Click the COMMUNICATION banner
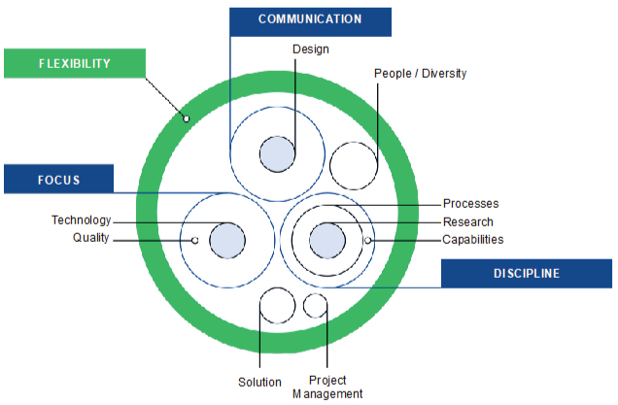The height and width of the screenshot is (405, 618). click(310, 20)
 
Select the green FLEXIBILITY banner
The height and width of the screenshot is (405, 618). click(74, 64)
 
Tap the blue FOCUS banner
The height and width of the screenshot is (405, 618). click(58, 179)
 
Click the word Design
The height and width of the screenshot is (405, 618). click(310, 48)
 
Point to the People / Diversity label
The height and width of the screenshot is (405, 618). click(421, 73)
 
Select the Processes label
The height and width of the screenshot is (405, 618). click(470, 204)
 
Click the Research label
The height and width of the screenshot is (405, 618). click(468, 221)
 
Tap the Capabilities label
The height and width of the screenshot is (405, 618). click(473, 239)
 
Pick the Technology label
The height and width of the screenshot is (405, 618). click(82, 220)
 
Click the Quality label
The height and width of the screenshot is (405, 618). click(91, 239)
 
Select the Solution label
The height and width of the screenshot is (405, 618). click(259, 382)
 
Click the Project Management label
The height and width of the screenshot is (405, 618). click(327, 387)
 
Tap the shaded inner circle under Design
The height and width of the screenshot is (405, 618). click(277, 153)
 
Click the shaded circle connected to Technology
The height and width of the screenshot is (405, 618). click(227, 239)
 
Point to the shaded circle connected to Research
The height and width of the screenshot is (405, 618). click(326, 239)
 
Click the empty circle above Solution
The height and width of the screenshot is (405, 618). click(278, 306)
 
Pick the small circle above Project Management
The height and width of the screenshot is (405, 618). click(315, 306)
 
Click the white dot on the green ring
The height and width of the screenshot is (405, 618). click(186, 119)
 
